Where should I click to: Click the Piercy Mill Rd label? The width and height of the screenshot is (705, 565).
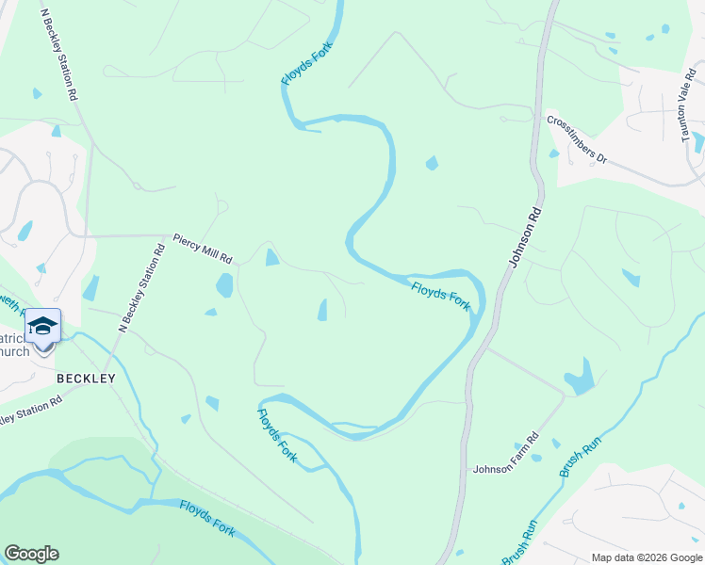[x=202, y=249]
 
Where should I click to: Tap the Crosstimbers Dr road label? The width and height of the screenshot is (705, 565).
[x=577, y=139]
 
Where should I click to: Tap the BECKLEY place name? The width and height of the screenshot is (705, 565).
[x=86, y=379]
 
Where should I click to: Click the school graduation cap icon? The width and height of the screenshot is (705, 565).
[x=43, y=326]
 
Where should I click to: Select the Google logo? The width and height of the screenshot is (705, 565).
[x=31, y=554]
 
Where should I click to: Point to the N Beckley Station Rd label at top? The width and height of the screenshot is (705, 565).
[x=58, y=56]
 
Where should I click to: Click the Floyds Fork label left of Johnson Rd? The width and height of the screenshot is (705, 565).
[x=440, y=295]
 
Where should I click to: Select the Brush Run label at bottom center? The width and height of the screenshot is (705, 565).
[x=517, y=541]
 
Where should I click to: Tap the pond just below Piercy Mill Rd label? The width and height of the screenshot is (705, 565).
[x=224, y=284]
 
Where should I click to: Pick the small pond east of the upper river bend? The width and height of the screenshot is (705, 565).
[x=432, y=163]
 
